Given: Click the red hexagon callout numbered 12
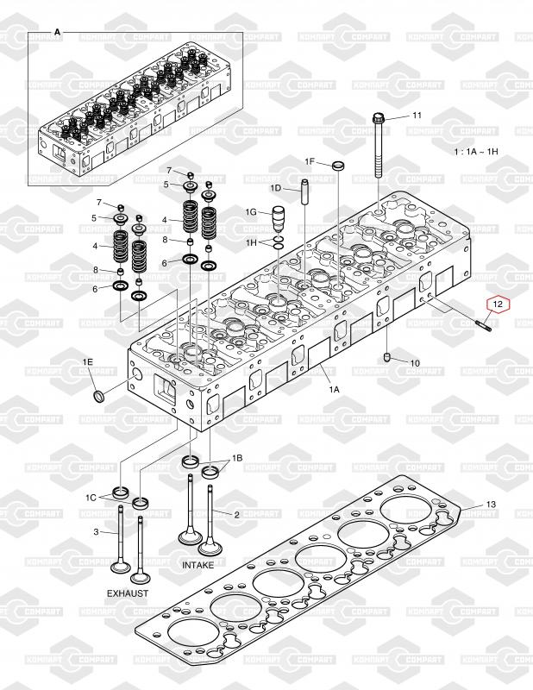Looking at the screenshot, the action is coord(498,304).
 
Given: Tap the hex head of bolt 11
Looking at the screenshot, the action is coord(378,118).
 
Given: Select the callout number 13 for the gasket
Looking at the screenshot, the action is coord(491,505).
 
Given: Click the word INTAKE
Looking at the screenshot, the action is coord(198,565).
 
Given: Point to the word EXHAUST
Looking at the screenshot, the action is coord(128,593).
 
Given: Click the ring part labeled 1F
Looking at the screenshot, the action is coord(338,166).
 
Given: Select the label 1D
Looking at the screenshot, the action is coord(275,188).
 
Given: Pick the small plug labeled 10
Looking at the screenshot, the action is coord(387,357).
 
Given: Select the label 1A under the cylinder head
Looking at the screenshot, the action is coord(335,390).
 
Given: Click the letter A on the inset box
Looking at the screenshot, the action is coord(57,33).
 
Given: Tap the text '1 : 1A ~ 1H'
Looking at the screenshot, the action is coord(476,152).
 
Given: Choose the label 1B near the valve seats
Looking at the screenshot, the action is coord(237,459).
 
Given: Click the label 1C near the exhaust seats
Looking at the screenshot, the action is coord(91,498).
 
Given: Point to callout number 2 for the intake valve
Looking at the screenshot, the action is coord(236,515).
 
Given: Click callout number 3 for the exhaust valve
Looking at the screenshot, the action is coord(96,532).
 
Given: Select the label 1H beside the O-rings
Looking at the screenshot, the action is coord(251,242).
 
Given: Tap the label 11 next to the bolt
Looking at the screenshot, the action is coord(417,116).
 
